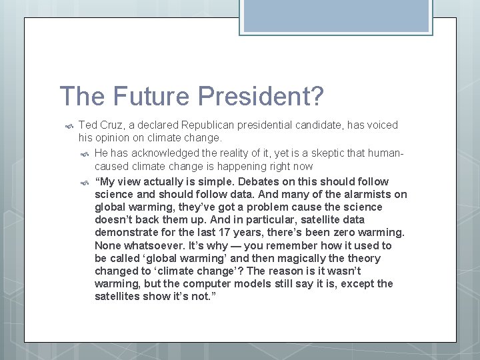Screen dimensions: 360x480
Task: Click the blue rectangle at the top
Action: coord(335,15)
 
